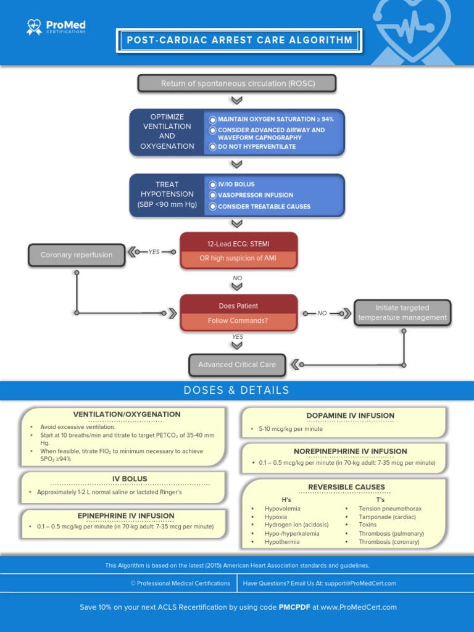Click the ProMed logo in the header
[x=56, y=27]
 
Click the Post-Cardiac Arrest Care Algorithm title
[x=239, y=41]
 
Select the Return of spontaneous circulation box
[x=237, y=83]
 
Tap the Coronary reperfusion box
[x=77, y=255]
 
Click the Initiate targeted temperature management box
[x=402, y=312]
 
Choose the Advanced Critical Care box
[x=237, y=365]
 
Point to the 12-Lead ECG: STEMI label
[x=239, y=244]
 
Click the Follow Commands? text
[x=238, y=321]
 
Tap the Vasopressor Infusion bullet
[x=255, y=195]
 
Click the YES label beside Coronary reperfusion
[x=153, y=252]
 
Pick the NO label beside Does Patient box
[x=322, y=314]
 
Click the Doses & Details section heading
[x=236, y=390]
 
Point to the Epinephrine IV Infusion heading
[x=126, y=516]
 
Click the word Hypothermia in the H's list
[x=282, y=542]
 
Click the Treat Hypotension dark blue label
[x=167, y=194]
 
